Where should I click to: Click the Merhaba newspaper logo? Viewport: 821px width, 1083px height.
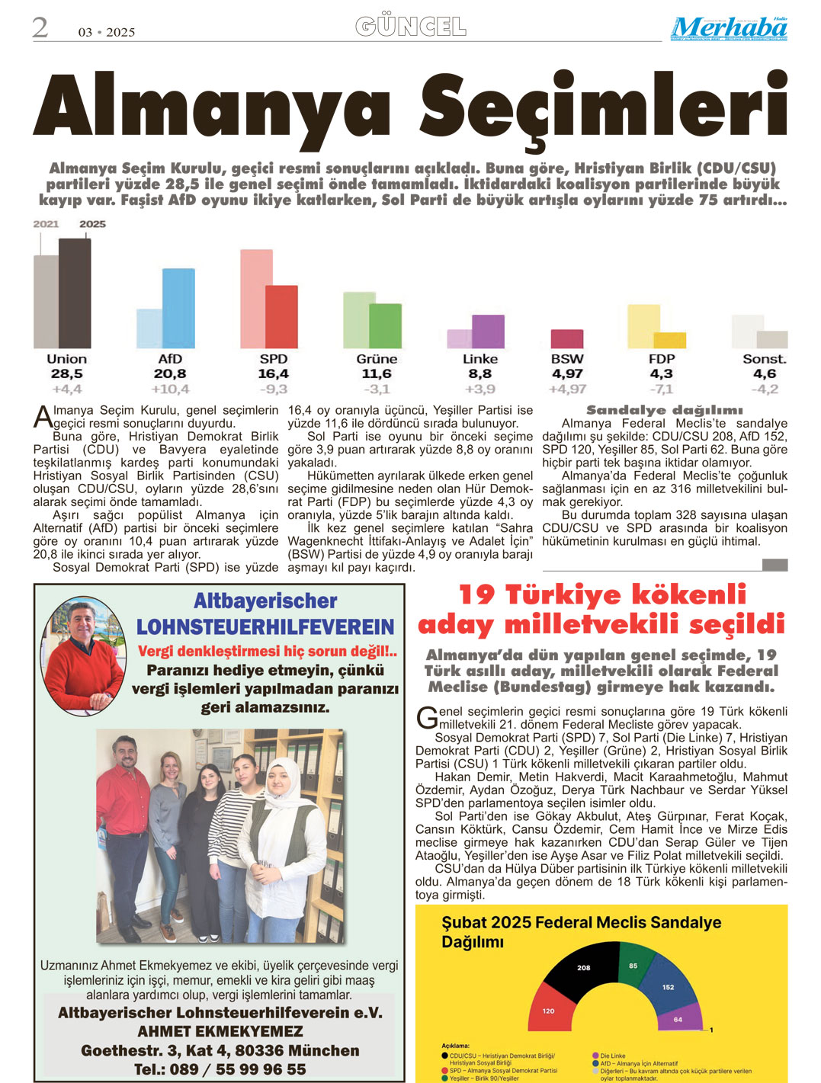729,28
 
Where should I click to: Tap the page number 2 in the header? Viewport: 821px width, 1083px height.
40,28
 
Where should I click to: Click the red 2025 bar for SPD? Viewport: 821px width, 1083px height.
281,316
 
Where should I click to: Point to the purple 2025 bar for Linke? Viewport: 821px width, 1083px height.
488,331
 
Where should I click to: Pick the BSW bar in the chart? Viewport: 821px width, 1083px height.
566,338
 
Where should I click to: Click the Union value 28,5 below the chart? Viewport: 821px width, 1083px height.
66,374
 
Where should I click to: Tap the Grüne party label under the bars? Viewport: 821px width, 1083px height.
377,359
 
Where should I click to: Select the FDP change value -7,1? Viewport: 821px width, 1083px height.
661,389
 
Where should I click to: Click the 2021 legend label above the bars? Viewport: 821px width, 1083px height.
46,224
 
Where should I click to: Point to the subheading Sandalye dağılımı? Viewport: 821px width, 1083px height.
664,410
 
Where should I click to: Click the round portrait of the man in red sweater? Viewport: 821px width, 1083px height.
85,646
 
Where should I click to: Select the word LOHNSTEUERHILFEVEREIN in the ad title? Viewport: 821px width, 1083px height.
265,627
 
